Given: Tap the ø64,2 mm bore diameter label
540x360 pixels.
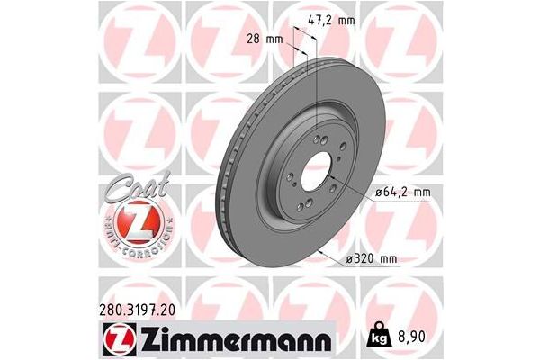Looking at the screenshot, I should [x=393, y=192].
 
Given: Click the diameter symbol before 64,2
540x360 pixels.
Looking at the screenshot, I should [x=371, y=192].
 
